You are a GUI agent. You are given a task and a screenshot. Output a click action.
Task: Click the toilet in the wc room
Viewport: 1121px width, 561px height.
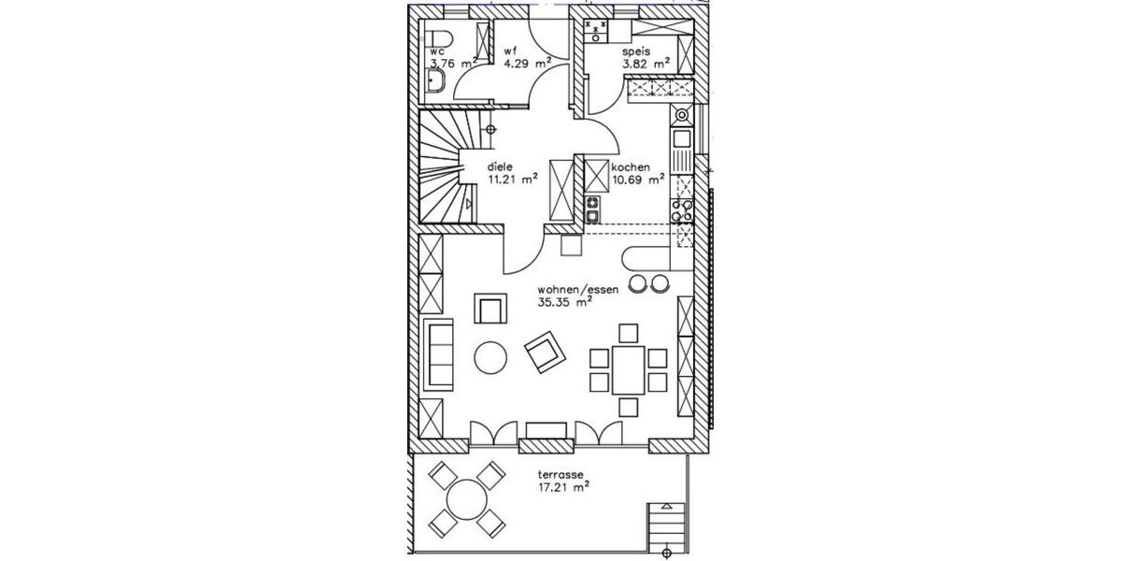[x=440, y=39]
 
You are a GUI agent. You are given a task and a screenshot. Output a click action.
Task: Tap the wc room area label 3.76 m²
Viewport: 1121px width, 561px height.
[x=453, y=64]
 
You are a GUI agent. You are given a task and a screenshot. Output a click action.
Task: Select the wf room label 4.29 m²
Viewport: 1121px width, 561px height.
[x=527, y=64]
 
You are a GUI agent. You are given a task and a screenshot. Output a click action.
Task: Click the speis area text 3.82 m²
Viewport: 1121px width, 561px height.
[x=647, y=64]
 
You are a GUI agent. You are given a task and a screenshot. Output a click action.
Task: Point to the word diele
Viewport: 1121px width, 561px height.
[x=501, y=166]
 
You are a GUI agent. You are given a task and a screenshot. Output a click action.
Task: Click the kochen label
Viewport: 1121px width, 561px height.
[x=631, y=166]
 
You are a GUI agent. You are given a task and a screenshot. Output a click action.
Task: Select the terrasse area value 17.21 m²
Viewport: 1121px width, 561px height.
[x=562, y=487]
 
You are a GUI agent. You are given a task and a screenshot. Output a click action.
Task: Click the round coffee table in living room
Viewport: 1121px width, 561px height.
[x=491, y=356]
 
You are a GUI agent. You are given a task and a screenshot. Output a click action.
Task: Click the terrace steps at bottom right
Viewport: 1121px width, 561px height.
[x=666, y=529]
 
